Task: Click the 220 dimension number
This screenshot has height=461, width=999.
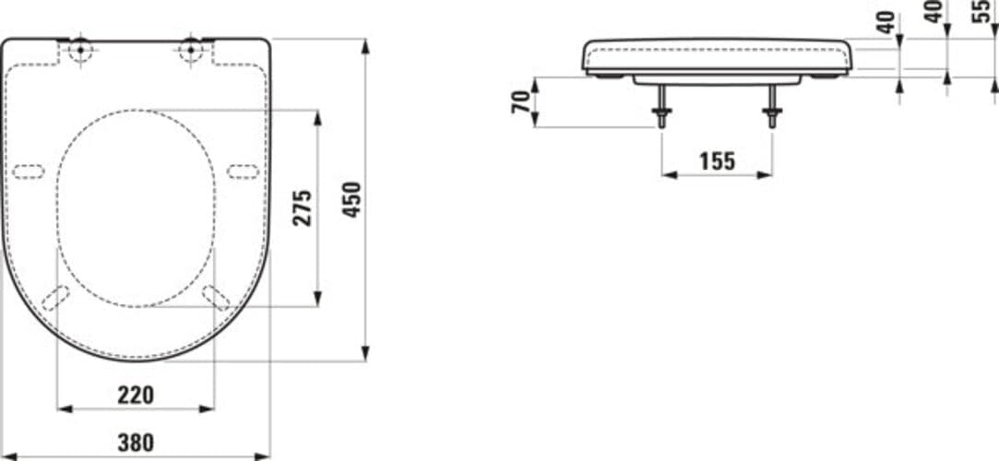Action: click(x=136, y=395)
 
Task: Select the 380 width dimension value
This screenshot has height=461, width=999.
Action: click(x=136, y=443)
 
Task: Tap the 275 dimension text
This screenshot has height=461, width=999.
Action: click(x=302, y=207)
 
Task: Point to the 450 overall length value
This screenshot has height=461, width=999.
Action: click(x=351, y=199)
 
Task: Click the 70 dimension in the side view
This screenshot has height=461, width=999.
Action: click(x=520, y=101)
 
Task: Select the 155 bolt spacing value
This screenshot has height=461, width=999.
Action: click(x=717, y=161)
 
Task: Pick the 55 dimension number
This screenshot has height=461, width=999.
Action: click(x=981, y=12)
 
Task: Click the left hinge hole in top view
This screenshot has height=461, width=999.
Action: click(x=80, y=49)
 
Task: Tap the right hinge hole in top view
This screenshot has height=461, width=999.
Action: click(x=191, y=49)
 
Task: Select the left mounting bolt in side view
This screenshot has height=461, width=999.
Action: click(x=661, y=107)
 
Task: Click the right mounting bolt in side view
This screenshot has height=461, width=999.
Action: click(x=772, y=107)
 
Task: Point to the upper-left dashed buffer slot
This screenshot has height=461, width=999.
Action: click(x=29, y=171)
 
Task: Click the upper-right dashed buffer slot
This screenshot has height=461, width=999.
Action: click(x=243, y=171)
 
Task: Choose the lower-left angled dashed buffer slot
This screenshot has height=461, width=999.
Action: click(x=55, y=297)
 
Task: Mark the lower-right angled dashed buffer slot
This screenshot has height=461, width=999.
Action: click(x=216, y=297)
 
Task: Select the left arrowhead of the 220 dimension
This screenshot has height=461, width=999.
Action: click(x=64, y=408)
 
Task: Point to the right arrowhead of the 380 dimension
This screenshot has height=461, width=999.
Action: click(x=264, y=455)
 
